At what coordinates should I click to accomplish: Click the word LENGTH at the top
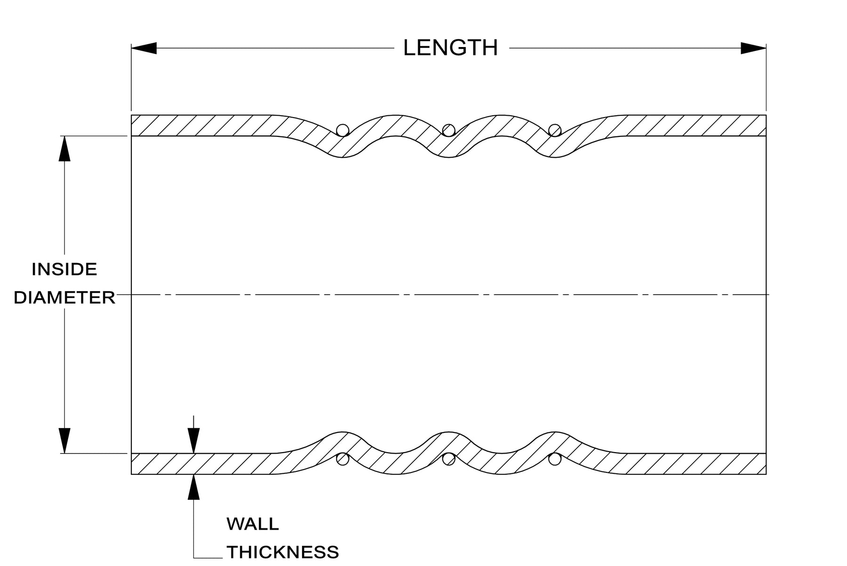pos(450,48)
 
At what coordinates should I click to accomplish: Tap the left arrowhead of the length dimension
pos(144,48)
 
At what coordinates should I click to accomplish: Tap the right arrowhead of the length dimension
pos(754,48)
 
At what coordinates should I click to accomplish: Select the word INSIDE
pos(64,269)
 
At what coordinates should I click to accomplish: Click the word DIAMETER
pos(64,297)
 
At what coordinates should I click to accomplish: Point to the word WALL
pos(253,524)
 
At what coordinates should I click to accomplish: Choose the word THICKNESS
pos(283,552)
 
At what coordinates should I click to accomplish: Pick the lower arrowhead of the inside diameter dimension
pos(64,440)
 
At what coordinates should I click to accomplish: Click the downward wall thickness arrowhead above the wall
pos(193,441)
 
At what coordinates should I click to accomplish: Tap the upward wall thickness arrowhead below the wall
pos(193,487)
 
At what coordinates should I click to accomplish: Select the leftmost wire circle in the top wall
pos(343,130)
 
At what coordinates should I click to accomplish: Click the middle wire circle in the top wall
pos(449,130)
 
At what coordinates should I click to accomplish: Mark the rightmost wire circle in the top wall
pos(555,130)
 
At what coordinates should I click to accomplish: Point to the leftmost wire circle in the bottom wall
pos(343,459)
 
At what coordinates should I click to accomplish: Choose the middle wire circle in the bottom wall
pos(449,459)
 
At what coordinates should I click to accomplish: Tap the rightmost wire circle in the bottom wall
pos(555,459)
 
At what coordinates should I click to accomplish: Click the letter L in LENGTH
pos(410,48)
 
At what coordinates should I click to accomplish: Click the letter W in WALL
pos(235,524)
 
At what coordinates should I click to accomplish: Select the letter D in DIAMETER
pos(20,297)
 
